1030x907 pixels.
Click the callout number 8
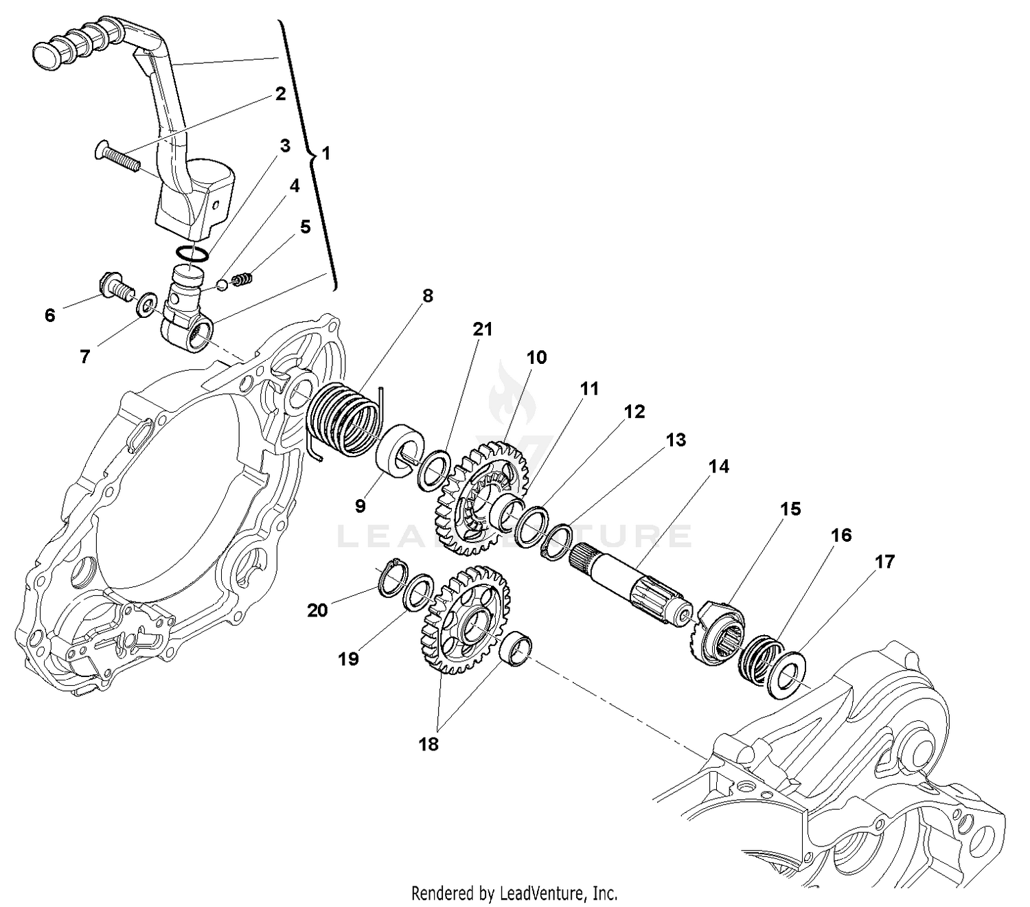(427, 296)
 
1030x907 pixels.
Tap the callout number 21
(483, 330)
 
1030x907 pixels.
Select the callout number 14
(719, 467)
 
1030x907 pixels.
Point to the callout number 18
(428, 744)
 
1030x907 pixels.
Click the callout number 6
(49, 315)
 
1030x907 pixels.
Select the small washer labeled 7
(146, 305)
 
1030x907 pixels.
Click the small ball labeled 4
(222, 284)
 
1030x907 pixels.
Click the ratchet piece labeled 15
(720, 631)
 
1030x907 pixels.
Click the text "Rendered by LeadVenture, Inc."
(514, 893)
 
